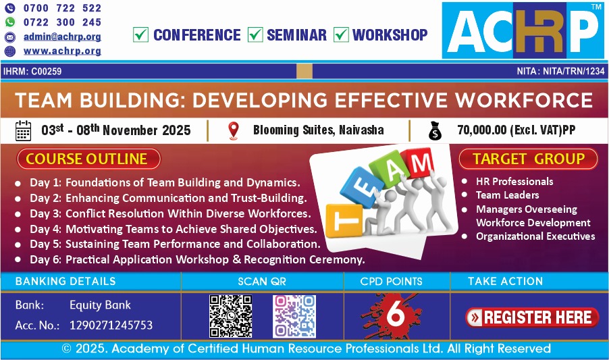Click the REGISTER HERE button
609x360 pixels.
pyautogui.click(x=532, y=317)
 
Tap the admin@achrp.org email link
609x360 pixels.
pyautogui.click(x=62, y=36)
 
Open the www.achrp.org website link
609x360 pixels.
pyautogui.click(x=62, y=51)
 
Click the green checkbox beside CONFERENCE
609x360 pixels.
pyautogui.click(x=140, y=34)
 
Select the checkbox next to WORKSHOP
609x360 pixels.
pyautogui.click(x=341, y=34)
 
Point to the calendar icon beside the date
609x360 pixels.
pyautogui.click(x=24, y=130)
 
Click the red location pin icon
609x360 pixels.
pyautogui.click(x=234, y=130)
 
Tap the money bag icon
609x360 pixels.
pyautogui.click(x=435, y=130)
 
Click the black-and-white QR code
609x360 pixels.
pyautogui.click(x=231, y=316)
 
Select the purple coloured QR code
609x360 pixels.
pyautogui.click(x=294, y=316)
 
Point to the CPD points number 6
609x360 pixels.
pyautogui.click(x=396, y=314)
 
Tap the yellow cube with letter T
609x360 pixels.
pyautogui.click(x=344, y=221)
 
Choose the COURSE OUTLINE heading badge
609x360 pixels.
pyautogui.click(x=88, y=159)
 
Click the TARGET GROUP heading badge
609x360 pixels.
pyautogui.click(x=528, y=159)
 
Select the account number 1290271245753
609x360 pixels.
pyautogui.click(x=111, y=325)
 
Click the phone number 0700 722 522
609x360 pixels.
pyautogui.click(x=62, y=8)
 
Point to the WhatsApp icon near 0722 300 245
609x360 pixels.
pyautogui.click(x=10, y=22)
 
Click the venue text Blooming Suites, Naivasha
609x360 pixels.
pyautogui.click(x=319, y=130)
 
